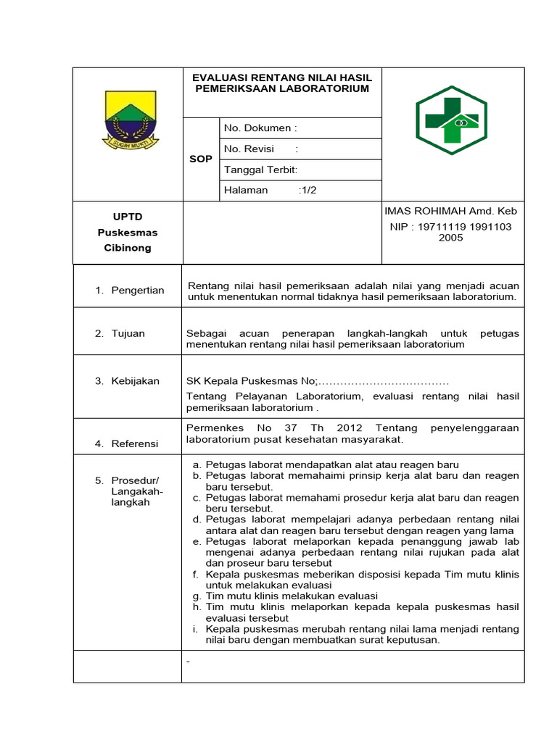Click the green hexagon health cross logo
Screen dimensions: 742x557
pos(451,120)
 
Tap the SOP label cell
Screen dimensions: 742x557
pos(201,159)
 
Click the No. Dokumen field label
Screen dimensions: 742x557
pos(260,128)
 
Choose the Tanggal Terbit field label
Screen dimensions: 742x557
pos(260,170)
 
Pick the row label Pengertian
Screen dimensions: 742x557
pos(138,290)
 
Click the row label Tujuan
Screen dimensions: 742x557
pos(128,333)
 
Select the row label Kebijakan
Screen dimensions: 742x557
pos(135,380)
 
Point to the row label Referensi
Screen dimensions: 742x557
pos(135,443)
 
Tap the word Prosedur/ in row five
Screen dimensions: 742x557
pos(135,480)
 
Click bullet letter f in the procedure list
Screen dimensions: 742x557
pos(196,574)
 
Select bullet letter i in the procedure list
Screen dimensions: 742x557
pos(196,629)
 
